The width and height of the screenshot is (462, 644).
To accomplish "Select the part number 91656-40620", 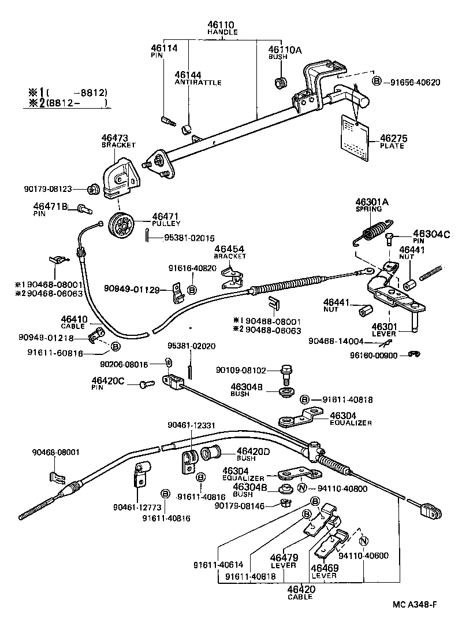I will pyautogui.click(x=411, y=82).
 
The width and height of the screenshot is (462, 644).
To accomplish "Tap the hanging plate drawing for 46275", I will pyautogui.click(x=353, y=139).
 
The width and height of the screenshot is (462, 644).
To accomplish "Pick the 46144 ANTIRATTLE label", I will pyautogui.click(x=198, y=79).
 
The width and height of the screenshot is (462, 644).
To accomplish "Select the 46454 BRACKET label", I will pyautogui.click(x=230, y=252).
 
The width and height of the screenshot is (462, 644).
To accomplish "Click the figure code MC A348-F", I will pyautogui.click(x=414, y=605).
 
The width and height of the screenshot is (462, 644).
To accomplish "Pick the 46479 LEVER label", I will pyautogui.click(x=283, y=561).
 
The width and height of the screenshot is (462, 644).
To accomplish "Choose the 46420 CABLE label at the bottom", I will pyautogui.click(x=301, y=592).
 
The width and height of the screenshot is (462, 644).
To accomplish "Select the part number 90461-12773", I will pyautogui.click(x=137, y=508).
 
